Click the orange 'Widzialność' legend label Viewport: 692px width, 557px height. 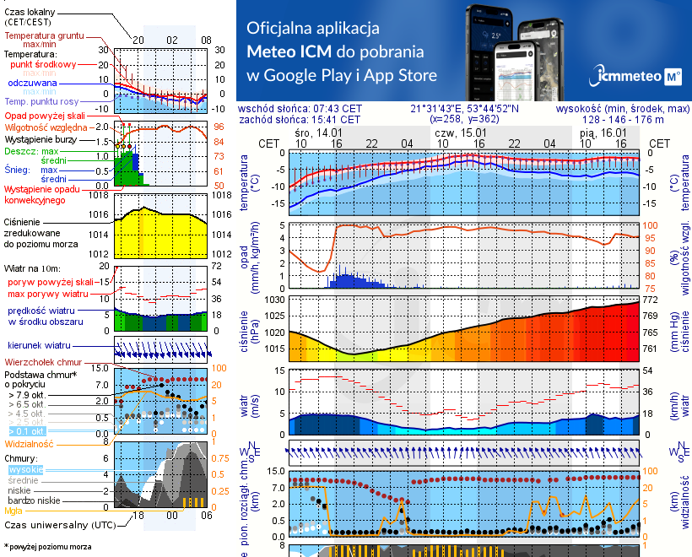30,443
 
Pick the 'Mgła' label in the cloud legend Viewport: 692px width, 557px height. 14,510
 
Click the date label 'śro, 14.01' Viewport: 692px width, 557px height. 318,133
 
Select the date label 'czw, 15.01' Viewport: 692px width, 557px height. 461,133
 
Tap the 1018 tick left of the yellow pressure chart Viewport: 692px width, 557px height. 100,196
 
